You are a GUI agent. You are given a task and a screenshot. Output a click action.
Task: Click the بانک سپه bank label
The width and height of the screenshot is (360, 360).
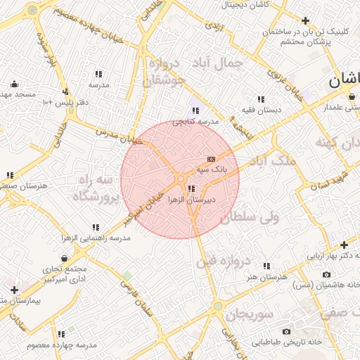(212, 169)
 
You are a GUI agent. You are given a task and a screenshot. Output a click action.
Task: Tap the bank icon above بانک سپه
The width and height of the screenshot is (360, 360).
(211, 160)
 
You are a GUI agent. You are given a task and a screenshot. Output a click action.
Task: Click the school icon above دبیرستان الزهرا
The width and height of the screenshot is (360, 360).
(191, 188)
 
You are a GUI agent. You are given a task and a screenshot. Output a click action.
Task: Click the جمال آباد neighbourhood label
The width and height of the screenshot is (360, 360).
(216, 63)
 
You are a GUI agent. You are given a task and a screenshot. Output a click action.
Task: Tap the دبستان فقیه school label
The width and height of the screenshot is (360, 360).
(261, 110)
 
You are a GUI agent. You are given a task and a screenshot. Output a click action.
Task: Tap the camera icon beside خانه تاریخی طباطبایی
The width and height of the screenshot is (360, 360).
(286, 331)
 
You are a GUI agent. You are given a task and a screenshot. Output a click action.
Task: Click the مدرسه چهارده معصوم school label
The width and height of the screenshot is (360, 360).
(61, 345)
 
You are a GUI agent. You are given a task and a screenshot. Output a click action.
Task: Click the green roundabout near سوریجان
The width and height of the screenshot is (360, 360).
(218, 307)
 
